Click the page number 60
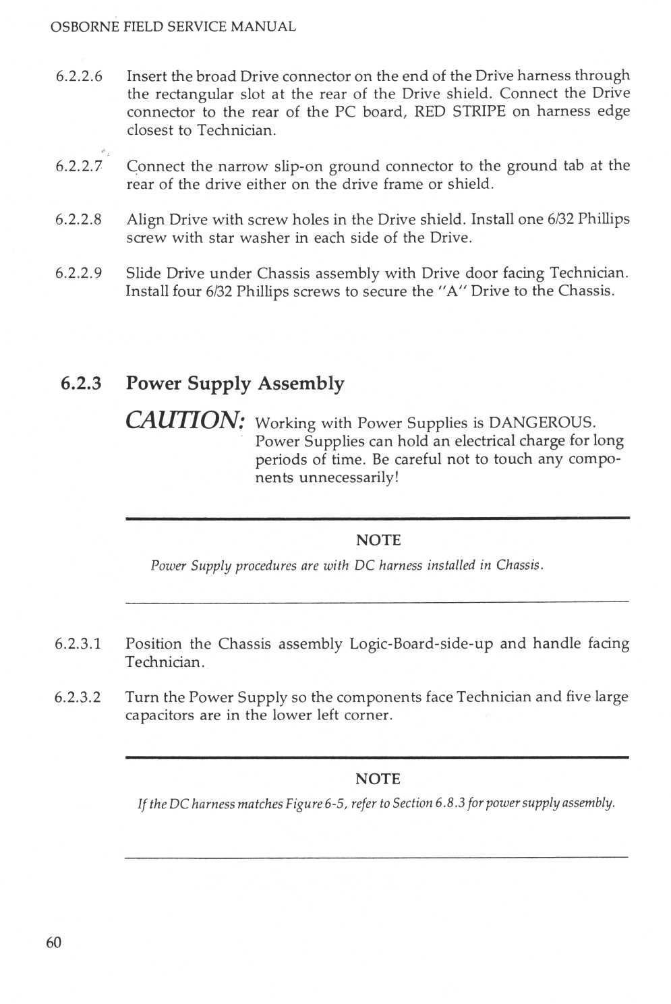pos(53,943)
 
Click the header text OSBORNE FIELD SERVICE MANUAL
pos(173,27)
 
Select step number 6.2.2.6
pos(79,76)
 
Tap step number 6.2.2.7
pos(79,167)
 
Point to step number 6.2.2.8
pos(79,220)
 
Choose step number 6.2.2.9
pos(79,273)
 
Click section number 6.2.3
pos(81,384)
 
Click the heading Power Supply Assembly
pos(235,384)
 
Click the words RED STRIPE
pos(460,112)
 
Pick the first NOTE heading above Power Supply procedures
pos(378,540)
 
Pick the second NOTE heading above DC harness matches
pos(378,779)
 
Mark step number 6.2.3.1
pos(78,644)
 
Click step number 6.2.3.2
pos(78,697)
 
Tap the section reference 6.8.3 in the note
pos(450,804)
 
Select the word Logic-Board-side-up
pos(421,644)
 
